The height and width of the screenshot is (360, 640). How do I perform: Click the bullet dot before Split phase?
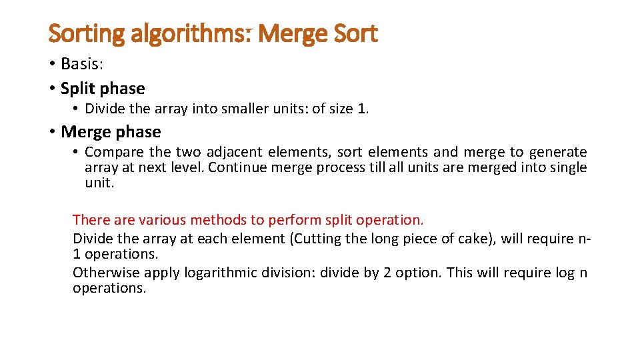[52, 89]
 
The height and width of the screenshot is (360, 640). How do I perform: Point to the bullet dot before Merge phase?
[52, 132]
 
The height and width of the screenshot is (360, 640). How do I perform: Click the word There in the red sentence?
[89, 219]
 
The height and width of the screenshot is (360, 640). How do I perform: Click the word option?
[419, 272]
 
